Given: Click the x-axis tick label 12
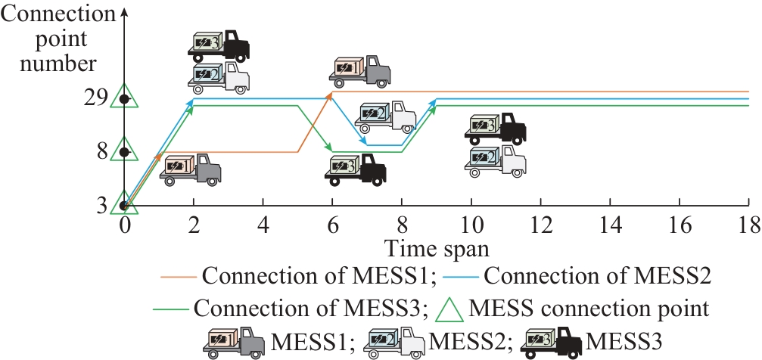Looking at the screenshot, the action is tap(541, 225).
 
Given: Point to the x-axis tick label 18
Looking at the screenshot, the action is tap(748, 225).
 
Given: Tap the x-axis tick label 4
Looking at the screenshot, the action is tap(263, 225).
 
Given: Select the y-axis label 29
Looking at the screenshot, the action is tap(94, 99).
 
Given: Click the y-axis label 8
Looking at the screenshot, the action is tap(101, 152).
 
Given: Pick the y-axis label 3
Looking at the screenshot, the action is tap(101, 206).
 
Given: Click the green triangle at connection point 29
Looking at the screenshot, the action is tap(124, 97).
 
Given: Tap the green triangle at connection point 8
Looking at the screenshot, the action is tap(124, 150).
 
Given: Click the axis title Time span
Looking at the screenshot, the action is tap(437, 249).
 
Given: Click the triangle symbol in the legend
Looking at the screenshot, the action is tap(449, 309).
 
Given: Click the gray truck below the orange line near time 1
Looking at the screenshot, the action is tap(191, 169).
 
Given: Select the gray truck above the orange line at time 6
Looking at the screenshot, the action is tap(360, 71).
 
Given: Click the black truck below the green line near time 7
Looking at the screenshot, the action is tap(356, 169).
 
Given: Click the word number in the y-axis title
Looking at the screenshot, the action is tap(58, 64).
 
